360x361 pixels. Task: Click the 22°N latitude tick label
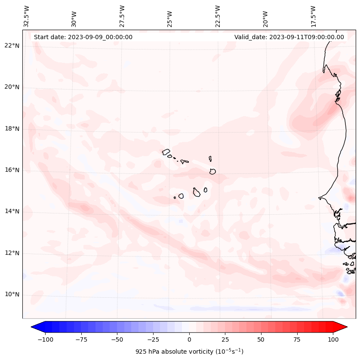click(x=12, y=46)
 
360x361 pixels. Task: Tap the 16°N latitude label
click(x=12, y=170)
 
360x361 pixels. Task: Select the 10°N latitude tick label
click(x=12, y=295)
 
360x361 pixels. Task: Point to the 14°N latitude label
click(x=12, y=211)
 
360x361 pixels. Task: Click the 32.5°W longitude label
click(x=27, y=16)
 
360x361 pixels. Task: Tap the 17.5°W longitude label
click(x=313, y=16)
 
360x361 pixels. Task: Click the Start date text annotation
click(x=83, y=37)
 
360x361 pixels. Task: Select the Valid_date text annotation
click(x=289, y=37)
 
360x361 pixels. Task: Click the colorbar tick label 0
click(x=189, y=339)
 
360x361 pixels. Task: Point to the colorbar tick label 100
click(x=333, y=339)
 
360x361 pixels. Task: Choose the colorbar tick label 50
click(x=261, y=339)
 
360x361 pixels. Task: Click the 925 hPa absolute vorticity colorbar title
click(x=189, y=352)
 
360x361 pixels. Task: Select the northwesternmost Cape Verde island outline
click(x=166, y=152)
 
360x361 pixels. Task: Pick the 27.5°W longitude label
click(x=122, y=16)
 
